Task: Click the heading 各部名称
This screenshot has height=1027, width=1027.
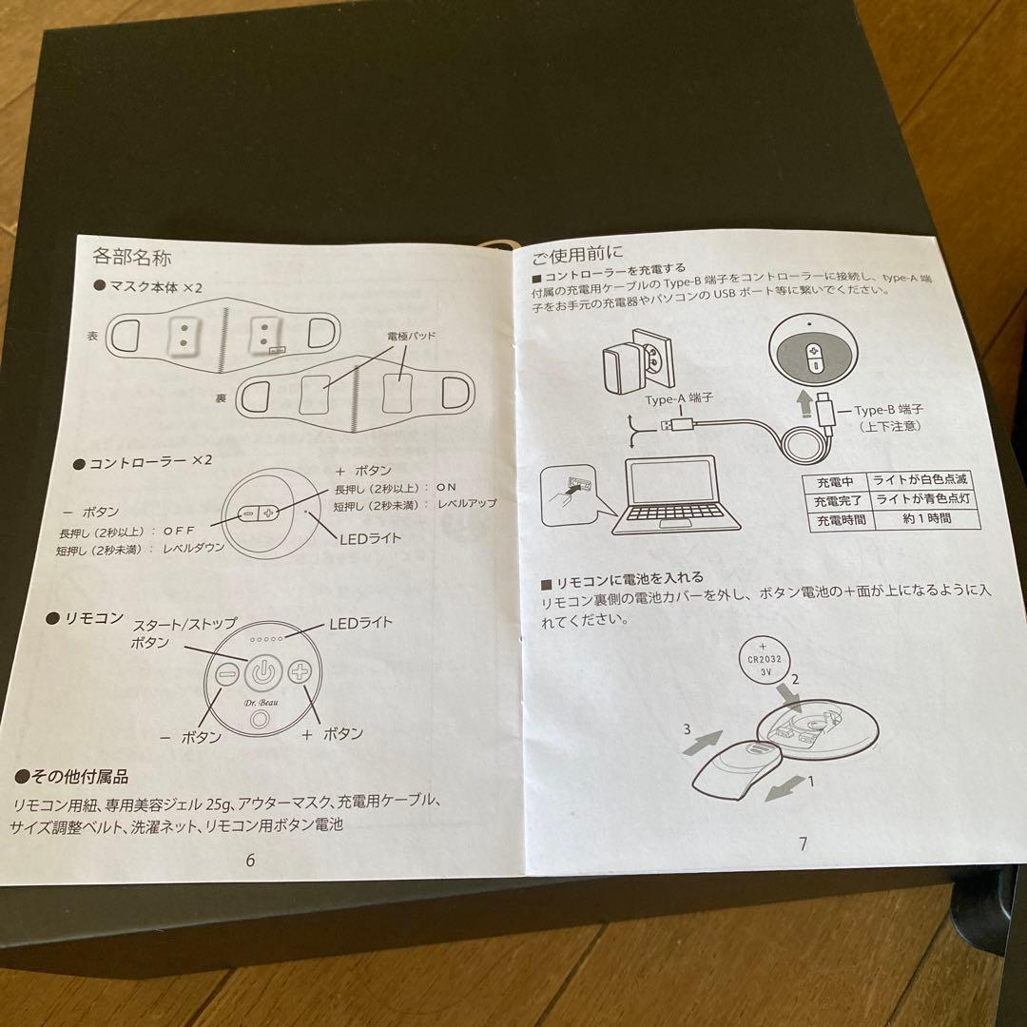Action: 130,256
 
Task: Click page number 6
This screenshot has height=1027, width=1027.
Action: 250,861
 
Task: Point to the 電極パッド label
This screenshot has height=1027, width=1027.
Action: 410,337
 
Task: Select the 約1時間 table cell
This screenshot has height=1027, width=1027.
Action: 914,519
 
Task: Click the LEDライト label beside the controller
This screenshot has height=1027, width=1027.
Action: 370,538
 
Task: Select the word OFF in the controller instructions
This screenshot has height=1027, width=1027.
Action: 181,530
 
